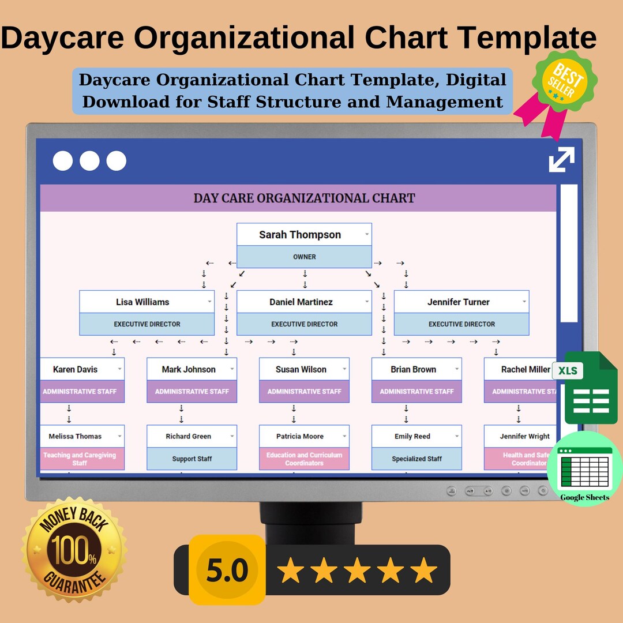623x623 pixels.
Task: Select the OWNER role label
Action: click(304, 257)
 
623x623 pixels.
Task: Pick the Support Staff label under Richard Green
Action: click(192, 459)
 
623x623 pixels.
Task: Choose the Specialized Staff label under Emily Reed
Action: click(416, 459)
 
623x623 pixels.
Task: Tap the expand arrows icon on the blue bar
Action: click(561, 160)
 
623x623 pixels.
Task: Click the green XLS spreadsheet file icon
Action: click(583, 388)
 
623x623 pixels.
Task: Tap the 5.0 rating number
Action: click(227, 570)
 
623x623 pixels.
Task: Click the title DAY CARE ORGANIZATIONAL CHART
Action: click(304, 198)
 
